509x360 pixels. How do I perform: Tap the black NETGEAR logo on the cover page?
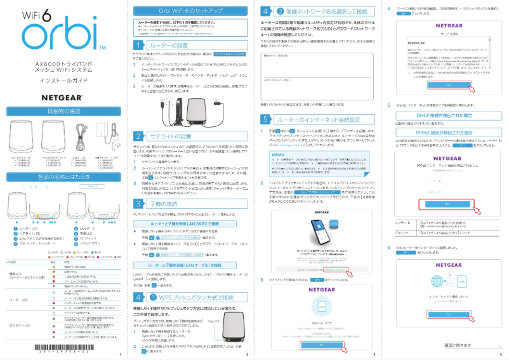[62, 98]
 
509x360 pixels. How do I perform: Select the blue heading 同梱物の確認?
[62, 111]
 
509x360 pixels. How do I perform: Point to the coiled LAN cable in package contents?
[79, 134]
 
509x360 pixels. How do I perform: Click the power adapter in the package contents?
[104, 133]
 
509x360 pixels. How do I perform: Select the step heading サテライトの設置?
[170, 136]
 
